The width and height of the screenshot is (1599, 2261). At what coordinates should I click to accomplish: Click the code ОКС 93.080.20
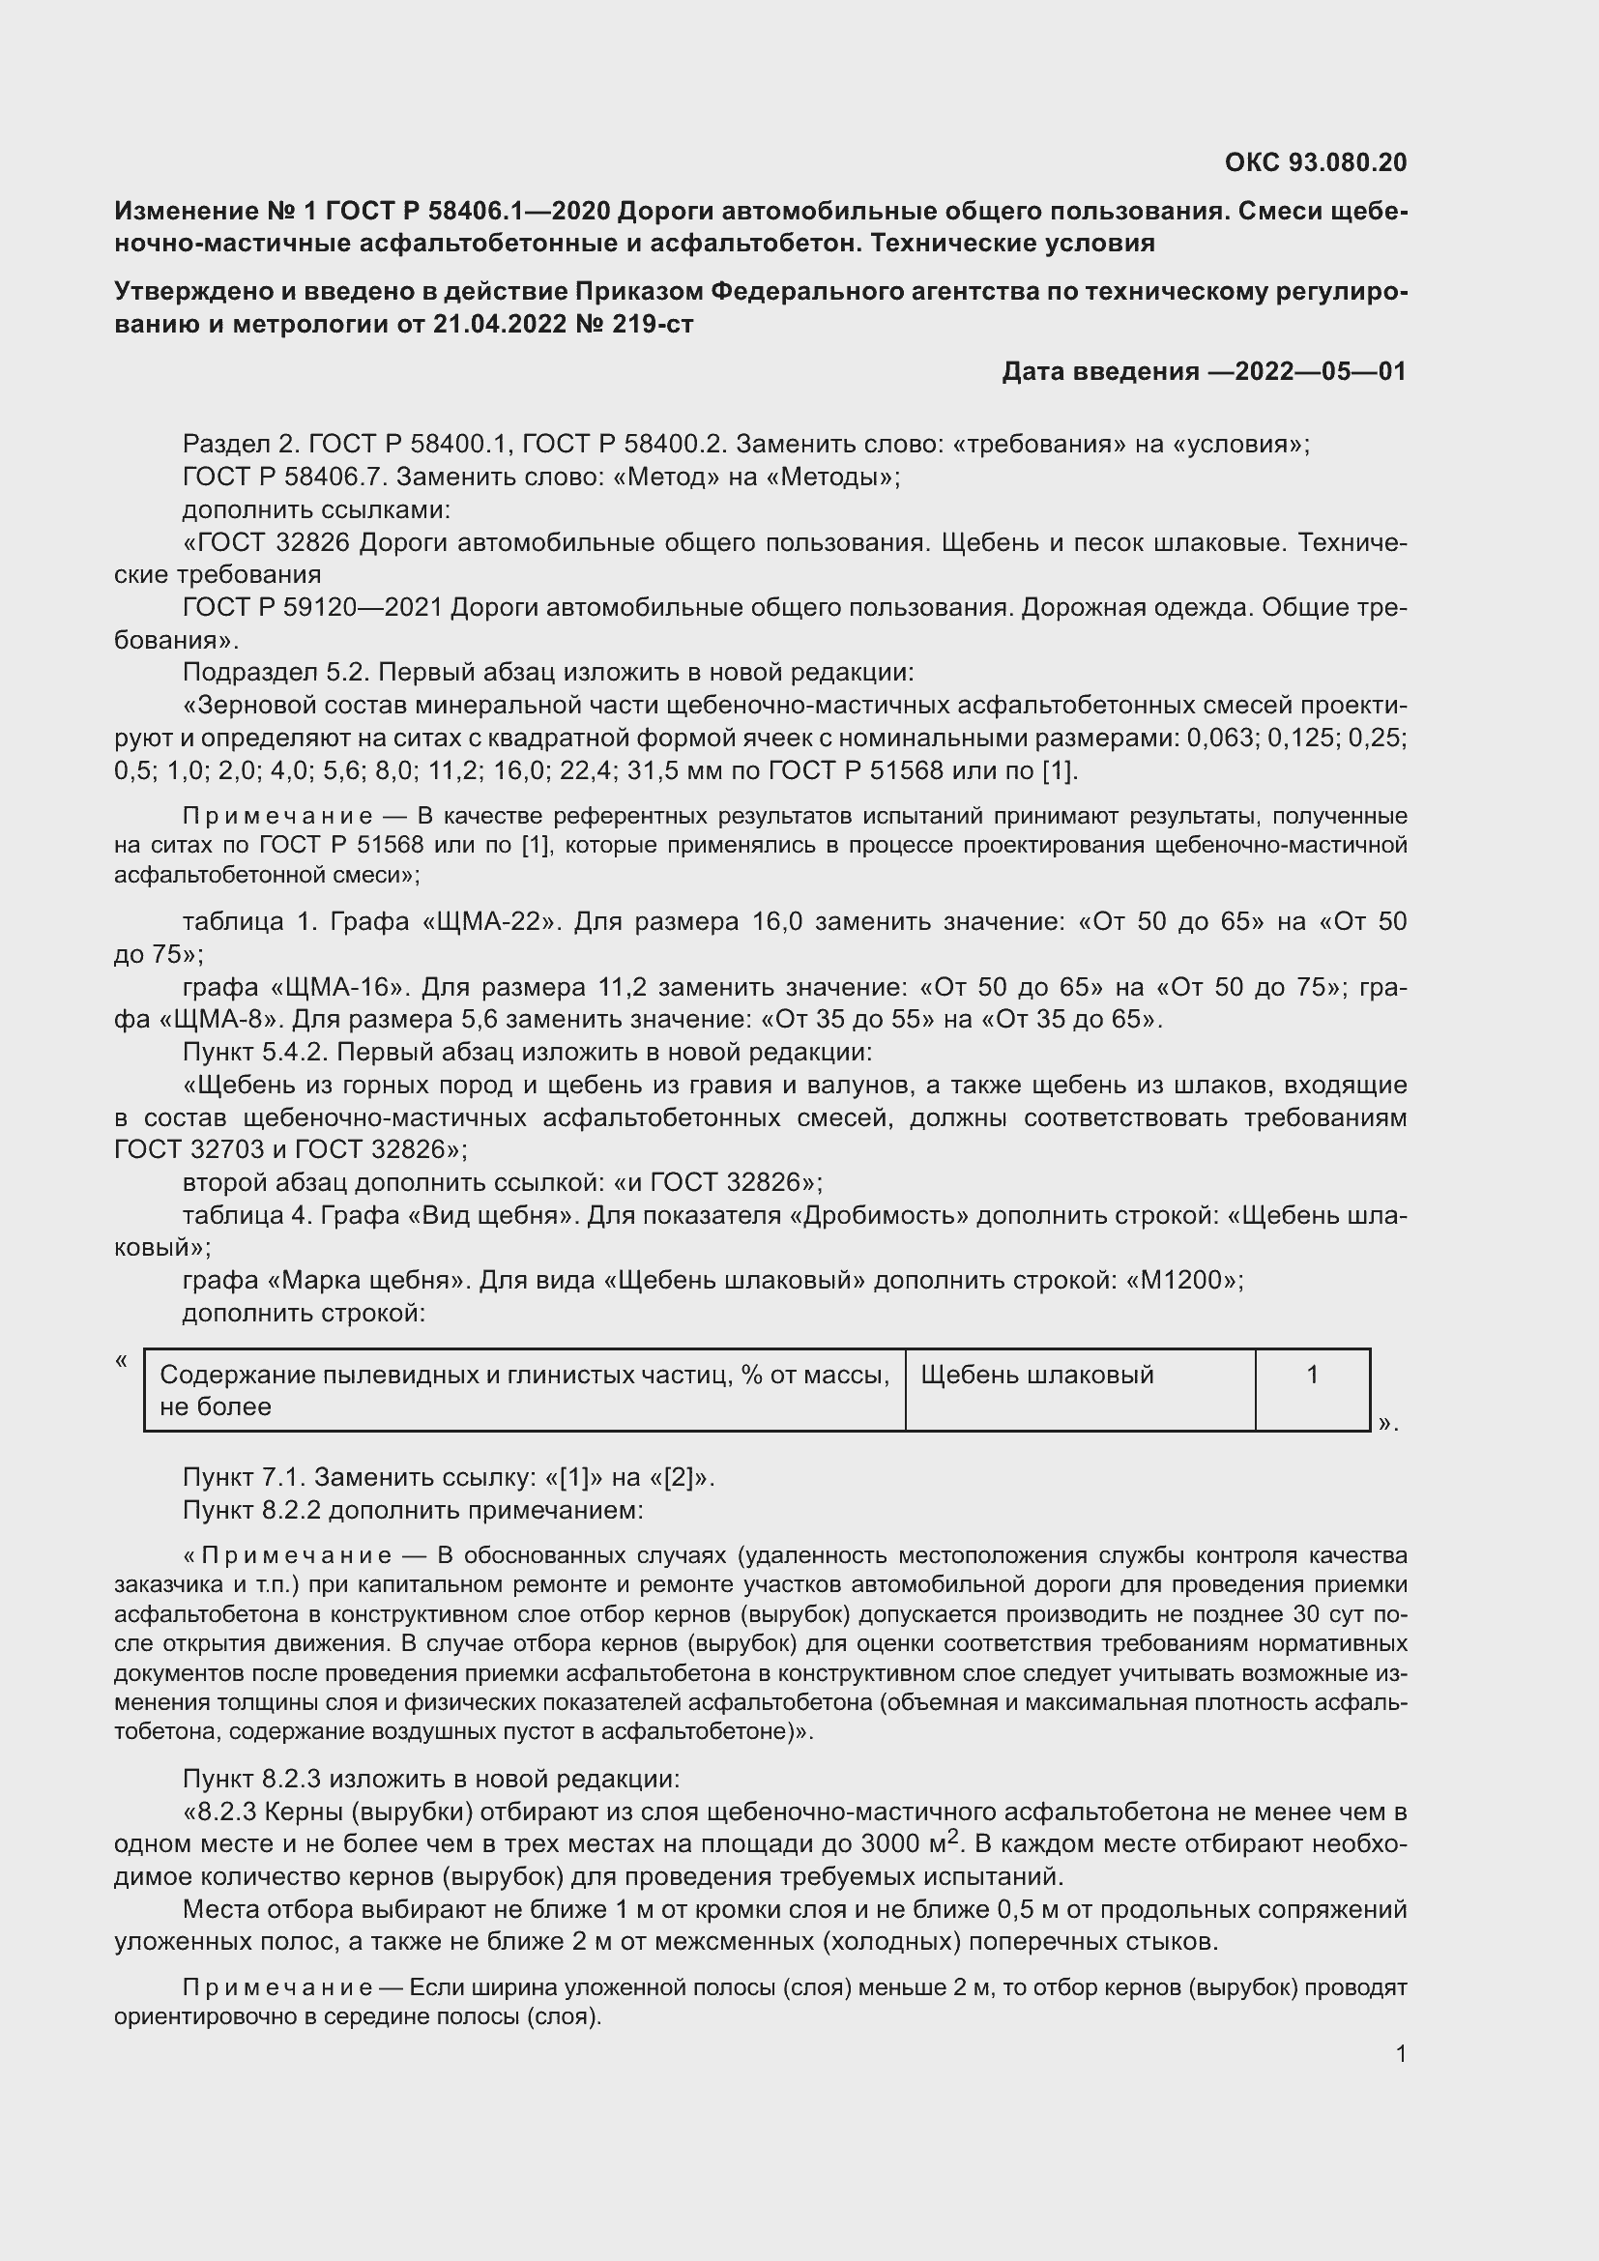tap(1316, 162)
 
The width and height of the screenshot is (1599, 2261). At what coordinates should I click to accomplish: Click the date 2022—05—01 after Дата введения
tap(1320, 371)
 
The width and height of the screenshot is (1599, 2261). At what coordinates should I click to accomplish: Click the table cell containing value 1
tap(1312, 1389)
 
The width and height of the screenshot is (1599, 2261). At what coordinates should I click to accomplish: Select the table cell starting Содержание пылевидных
tap(524, 1389)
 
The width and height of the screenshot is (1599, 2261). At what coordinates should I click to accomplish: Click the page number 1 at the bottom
tap(1400, 2054)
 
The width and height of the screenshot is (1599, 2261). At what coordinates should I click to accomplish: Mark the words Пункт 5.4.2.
tap(259, 1052)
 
